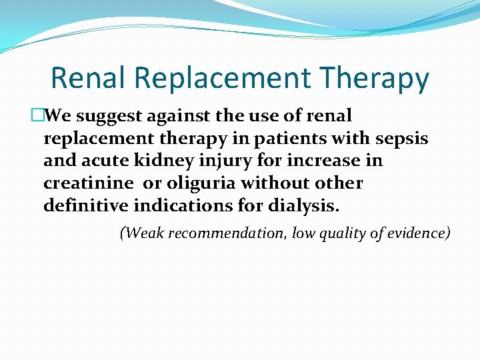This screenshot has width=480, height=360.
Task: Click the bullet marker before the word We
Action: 37,116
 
